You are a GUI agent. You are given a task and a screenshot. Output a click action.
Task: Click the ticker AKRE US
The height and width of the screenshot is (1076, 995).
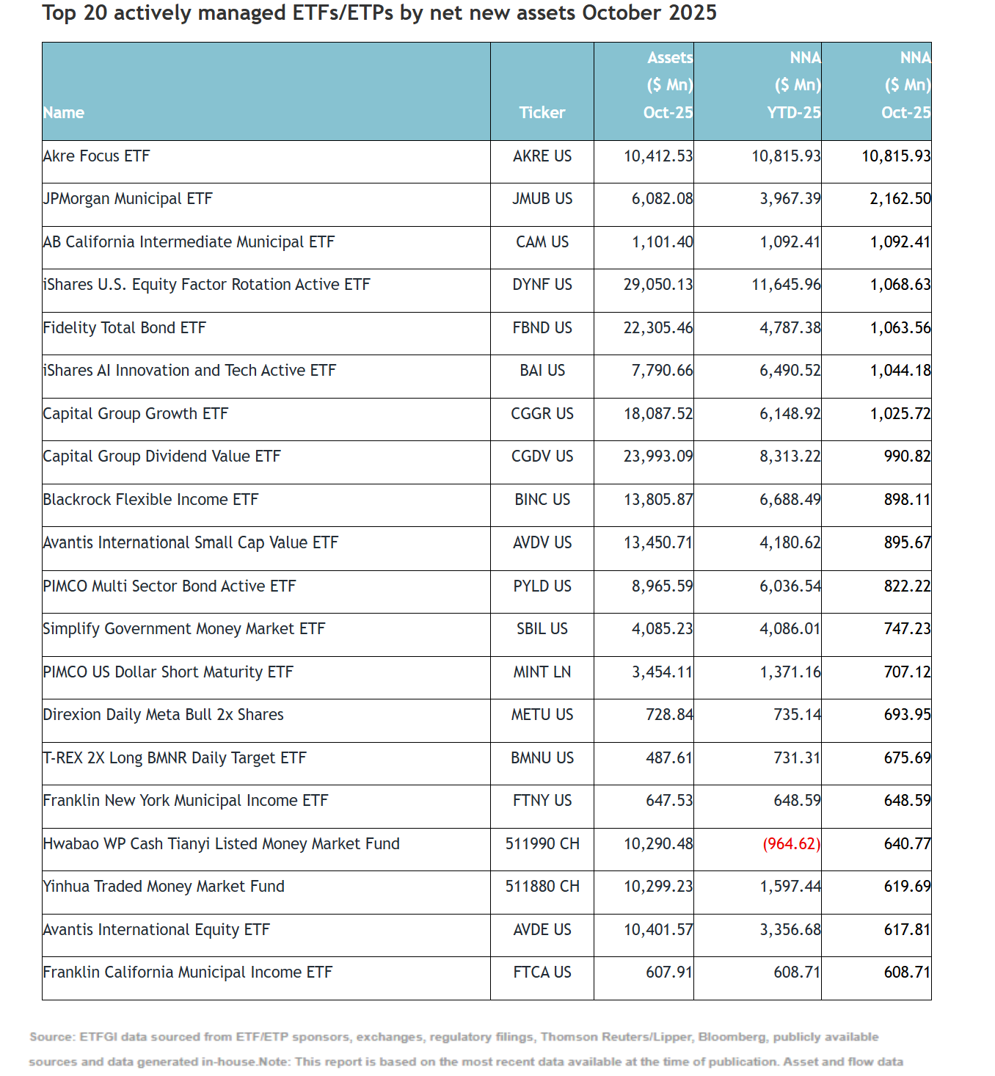click(542, 156)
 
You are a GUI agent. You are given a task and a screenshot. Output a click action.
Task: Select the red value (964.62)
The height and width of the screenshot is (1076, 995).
click(792, 844)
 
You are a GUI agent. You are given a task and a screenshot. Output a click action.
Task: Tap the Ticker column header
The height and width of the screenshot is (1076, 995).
click(542, 113)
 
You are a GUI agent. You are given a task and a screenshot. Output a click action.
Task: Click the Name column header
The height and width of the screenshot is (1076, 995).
click(64, 113)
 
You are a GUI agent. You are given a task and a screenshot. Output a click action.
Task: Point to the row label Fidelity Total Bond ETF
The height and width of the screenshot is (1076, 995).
click(125, 328)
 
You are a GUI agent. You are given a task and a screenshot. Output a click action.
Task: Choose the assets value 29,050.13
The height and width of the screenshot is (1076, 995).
click(658, 285)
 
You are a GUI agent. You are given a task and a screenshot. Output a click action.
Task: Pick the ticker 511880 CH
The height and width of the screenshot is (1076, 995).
click(542, 887)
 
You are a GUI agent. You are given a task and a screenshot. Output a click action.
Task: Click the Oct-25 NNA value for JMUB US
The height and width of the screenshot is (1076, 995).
click(900, 199)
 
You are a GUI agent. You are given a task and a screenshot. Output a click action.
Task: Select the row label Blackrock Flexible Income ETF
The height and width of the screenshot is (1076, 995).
click(151, 500)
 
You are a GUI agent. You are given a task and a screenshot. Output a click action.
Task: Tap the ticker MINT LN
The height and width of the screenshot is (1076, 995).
click(542, 672)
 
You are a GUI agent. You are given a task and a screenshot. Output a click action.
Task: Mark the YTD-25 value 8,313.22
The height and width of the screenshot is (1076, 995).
click(790, 457)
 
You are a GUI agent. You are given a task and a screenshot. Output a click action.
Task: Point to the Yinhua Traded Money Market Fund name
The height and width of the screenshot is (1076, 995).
click(164, 887)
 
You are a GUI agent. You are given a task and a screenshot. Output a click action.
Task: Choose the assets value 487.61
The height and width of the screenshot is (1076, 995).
click(669, 758)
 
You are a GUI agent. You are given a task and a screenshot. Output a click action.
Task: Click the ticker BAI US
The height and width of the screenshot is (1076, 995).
click(542, 371)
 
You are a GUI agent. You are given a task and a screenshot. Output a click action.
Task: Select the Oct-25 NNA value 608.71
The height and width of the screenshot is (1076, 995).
click(907, 973)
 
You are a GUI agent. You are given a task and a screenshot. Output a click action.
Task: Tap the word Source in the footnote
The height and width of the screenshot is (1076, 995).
click(51, 1037)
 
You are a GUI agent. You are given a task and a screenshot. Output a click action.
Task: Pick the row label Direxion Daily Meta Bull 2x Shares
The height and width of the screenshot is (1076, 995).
click(164, 715)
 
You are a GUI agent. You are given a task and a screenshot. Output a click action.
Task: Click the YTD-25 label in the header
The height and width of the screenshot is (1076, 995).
click(794, 113)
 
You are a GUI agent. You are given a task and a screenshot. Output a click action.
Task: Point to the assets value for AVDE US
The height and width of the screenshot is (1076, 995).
click(658, 930)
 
